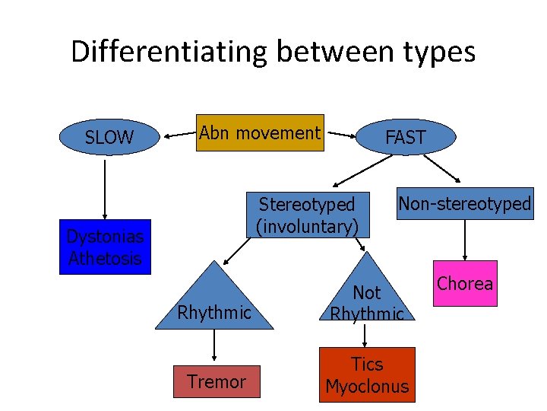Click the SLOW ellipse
coord(109,138)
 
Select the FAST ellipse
coord(405,137)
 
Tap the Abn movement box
coord(260,133)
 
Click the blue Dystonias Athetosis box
coord(105,247)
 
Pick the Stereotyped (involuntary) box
coord(306,215)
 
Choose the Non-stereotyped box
coord(464,203)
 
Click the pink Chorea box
coord(465,283)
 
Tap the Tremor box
coord(217,381)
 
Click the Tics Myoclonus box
coord(367,375)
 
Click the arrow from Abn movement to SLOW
coord(177,135)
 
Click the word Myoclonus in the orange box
coord(367,387)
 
